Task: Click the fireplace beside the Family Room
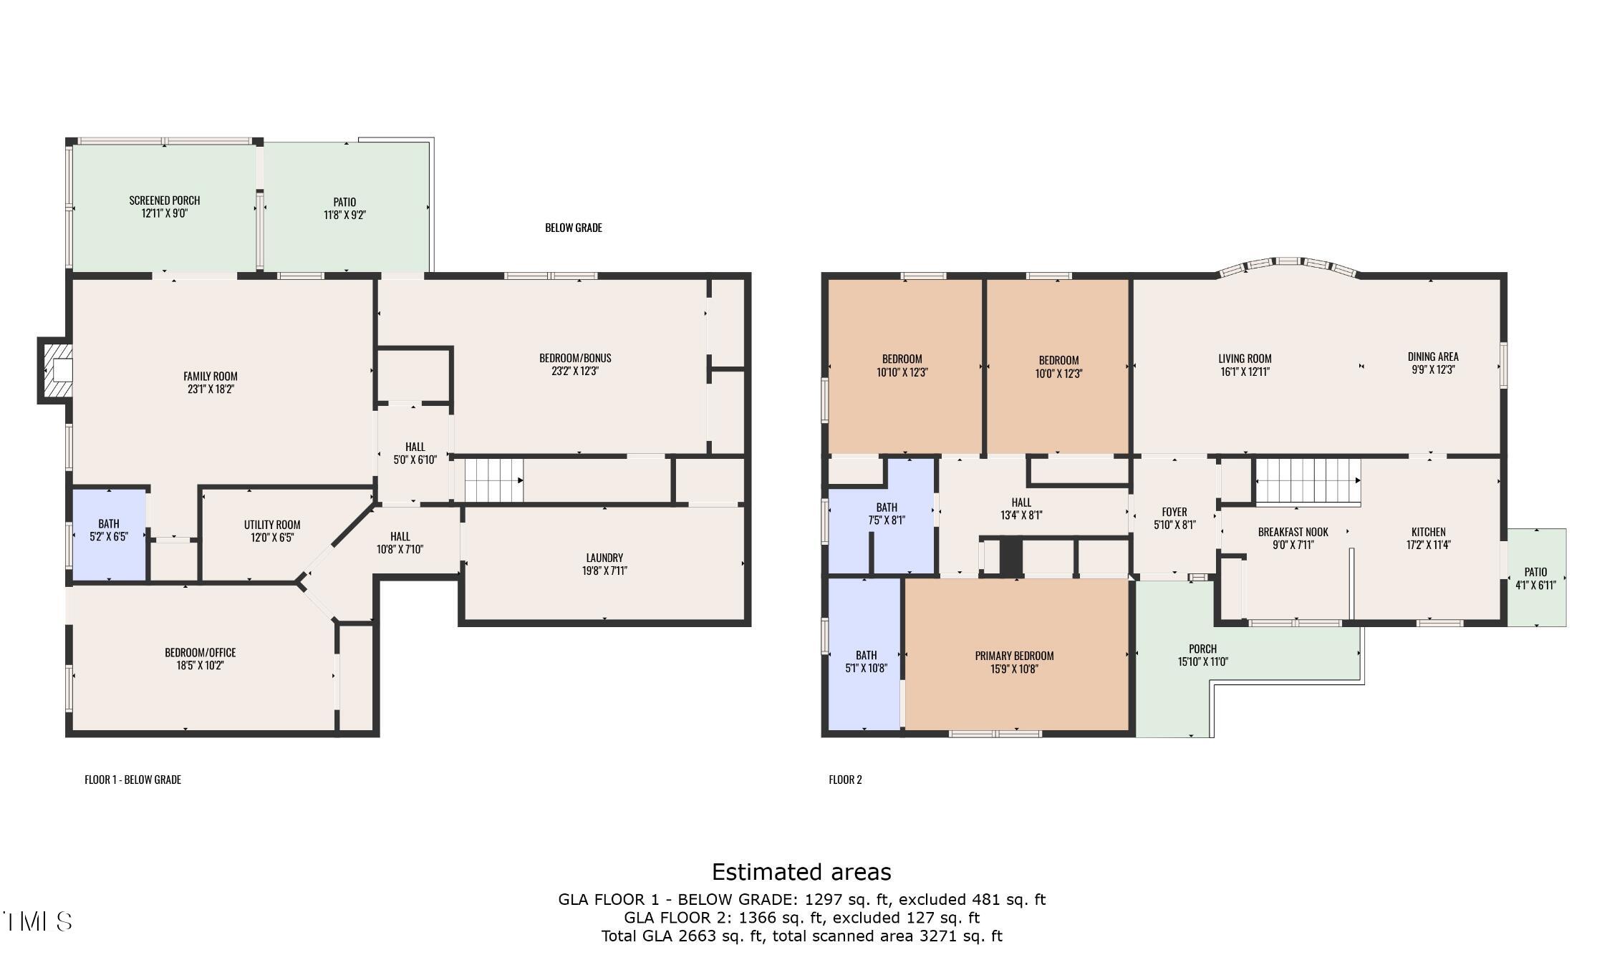[x=56, y=371]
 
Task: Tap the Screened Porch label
[x=165, y=200]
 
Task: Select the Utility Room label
[x=272, y=525]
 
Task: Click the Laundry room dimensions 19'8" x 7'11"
[x=604, y=571]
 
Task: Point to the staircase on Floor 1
[x=494, y=480]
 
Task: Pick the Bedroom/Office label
[x=201, y=652]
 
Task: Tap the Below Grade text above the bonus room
[x=574, y=228]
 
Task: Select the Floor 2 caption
[x=845, y=780]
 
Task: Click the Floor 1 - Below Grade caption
[x=133, y=780]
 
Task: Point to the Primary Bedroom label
[x=1014, y=656]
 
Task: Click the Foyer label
[x=1174, y=512]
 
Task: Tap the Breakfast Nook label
[x=1293, y=532]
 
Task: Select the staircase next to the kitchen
[x=1308, y=481]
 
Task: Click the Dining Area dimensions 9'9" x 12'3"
[x=1432, y=369]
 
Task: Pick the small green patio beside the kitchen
[x=1537, y=577]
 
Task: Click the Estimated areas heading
[x=801, y=871]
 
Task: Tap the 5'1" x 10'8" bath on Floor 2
[x=865, y=654]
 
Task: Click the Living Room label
[x=1245, y=359]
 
